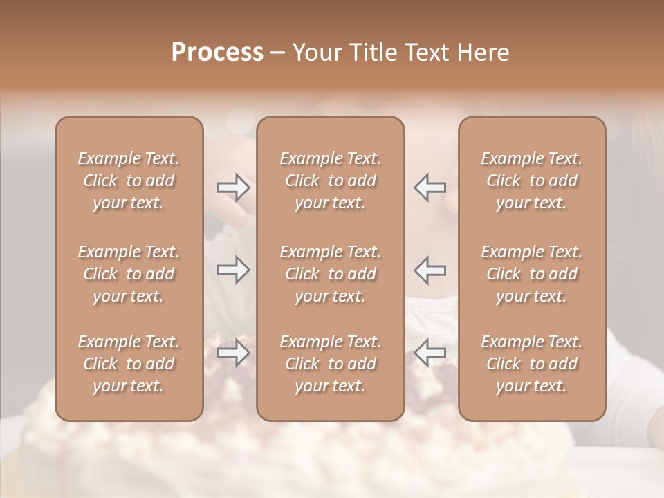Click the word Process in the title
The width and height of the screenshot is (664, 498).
tap(217, 53)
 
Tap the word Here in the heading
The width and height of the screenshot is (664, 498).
tap(482, 53)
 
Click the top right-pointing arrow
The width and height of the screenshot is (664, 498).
tap(233, 187)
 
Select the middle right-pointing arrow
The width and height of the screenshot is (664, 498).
tap(233, 270)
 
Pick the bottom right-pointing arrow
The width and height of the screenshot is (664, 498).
tap(233, 353)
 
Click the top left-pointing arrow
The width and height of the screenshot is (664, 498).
tap(430, 187)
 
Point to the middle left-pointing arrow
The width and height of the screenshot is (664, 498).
tap(430, 270)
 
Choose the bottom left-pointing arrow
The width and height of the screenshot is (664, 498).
tap(430, 353)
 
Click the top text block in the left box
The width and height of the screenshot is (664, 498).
tap(129, 181)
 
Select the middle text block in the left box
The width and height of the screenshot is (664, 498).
tap(129, 274)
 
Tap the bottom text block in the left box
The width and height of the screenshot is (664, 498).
tap(129, 364)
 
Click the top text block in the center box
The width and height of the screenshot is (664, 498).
tap(331, 181)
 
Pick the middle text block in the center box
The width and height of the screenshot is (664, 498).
tap(331, 274)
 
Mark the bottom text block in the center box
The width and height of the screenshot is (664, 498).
tap(331, 364)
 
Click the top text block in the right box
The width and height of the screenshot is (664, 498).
tap(532, 181)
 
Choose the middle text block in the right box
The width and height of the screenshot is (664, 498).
tap(532, 274)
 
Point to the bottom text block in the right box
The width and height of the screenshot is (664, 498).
tap(532, 364)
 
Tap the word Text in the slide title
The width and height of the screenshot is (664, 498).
tap(426, 53)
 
